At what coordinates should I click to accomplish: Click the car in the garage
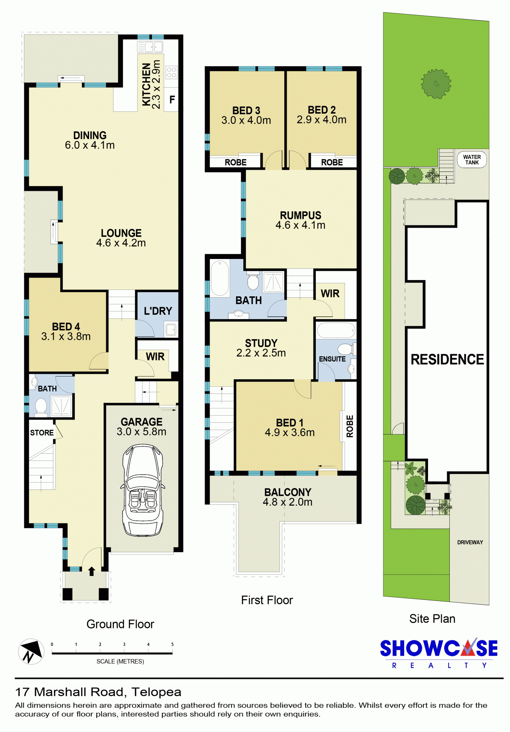tap(142, 490)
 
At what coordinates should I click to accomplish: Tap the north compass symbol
tap(31, 651)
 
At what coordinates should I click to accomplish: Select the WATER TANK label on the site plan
tap(472, 160)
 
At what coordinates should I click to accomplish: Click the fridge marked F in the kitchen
tap(172, 100)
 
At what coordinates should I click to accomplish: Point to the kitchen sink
tap(150, 47)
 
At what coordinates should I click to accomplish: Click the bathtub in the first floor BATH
tap(220, 278)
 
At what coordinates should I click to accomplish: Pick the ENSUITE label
tap(332, 359)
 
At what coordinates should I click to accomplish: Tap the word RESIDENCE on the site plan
tap(447, 360)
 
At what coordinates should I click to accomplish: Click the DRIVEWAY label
tap(470, 542)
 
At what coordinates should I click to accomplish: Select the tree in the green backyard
tap(436, 84)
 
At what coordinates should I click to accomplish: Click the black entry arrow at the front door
tap(91, 571)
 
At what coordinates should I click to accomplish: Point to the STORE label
tap(42, 433)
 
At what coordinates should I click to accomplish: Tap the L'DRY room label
tap(158, 311)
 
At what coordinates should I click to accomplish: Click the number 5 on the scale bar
tap(172, 644)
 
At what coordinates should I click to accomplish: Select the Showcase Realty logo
tap(439, 653)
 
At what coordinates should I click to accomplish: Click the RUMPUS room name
tap(301, 215)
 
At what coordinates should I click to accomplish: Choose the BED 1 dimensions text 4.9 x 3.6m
tap(290, 433)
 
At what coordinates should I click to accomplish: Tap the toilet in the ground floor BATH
tap(41, 407)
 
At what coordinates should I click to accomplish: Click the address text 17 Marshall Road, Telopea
tap(98, 692)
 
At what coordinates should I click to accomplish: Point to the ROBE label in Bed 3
tap(236, 162)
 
